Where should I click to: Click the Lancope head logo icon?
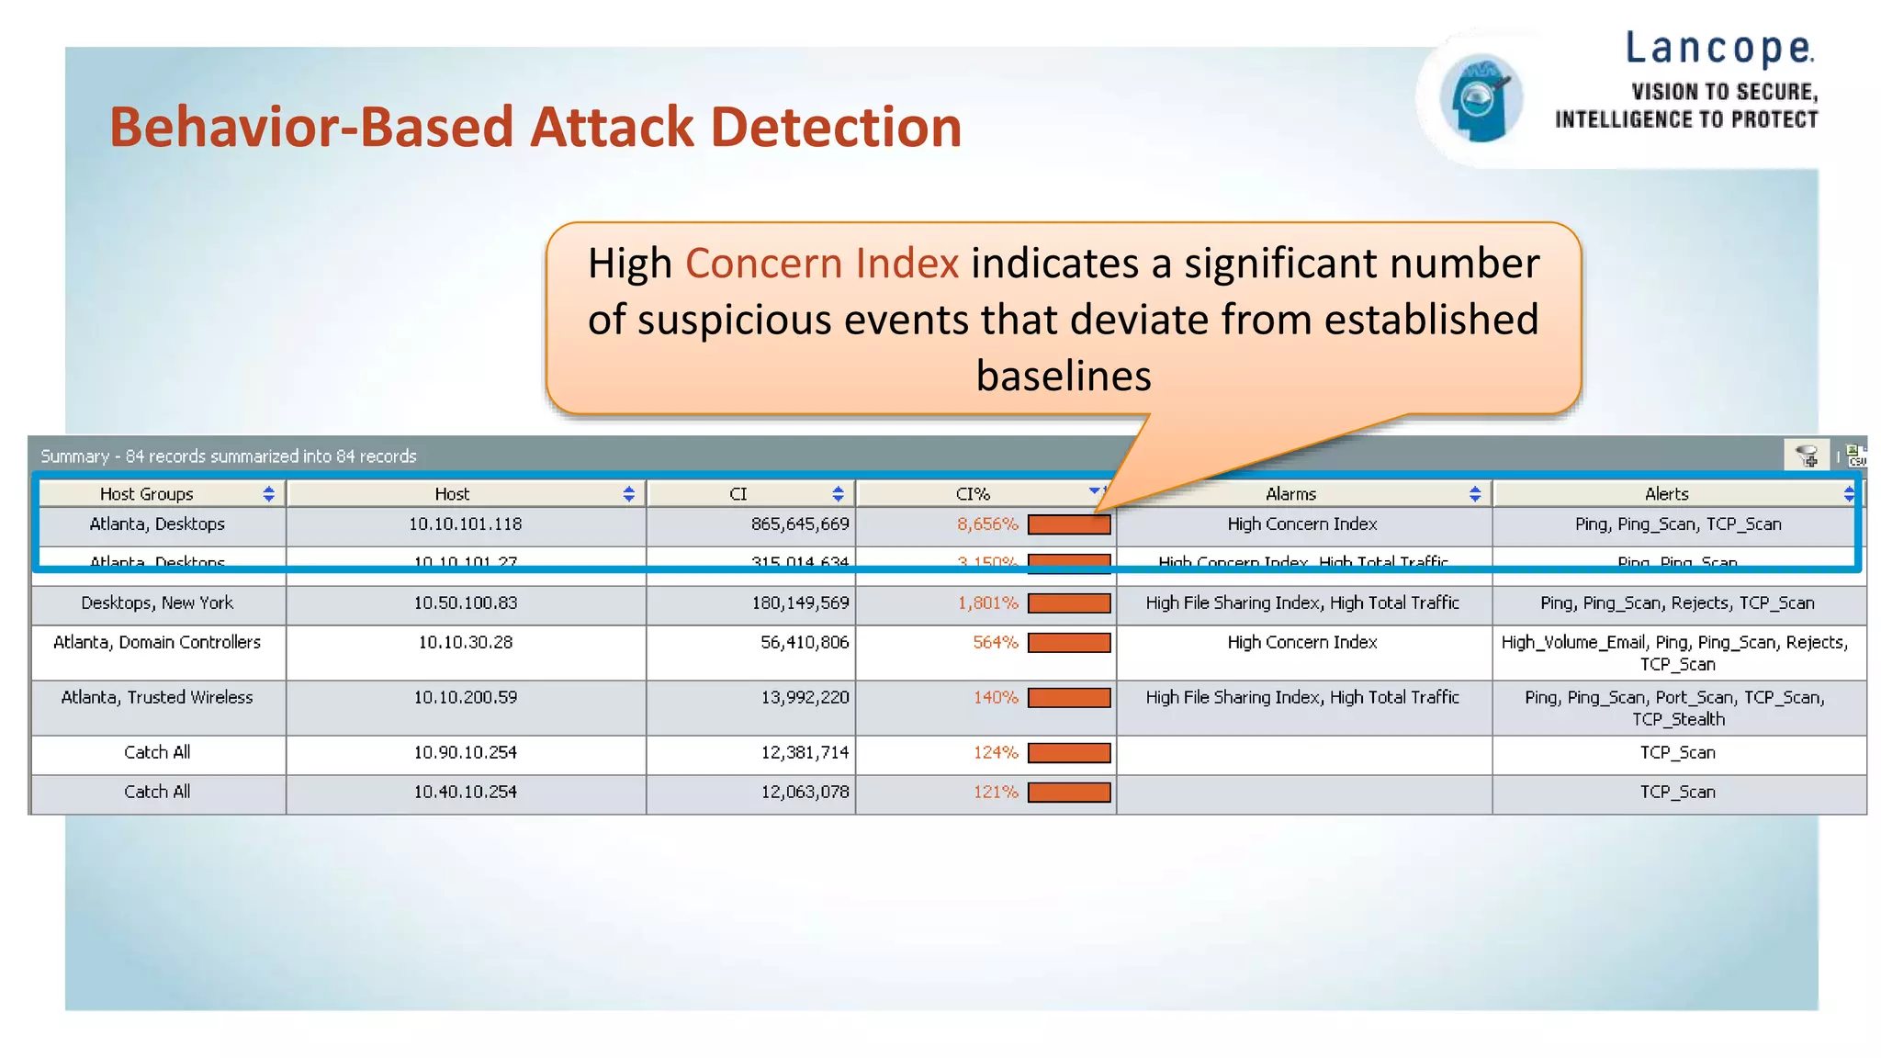pos(1480,98)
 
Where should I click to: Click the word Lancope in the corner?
pos(1719,49)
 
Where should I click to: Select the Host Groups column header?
pos(147,494)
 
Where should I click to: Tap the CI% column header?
pos(973,494)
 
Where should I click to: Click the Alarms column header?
pos(1290,494)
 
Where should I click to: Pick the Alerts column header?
pos(1666,494)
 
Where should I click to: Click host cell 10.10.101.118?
pos(465,524)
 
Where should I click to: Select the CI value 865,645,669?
pos(799,524)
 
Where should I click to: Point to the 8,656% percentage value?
pos(987,524)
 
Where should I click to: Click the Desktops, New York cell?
pos(157,603)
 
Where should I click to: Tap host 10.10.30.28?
pos(465,643)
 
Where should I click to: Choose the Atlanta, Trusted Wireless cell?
pos(157,698)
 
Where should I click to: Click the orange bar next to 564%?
pos(1069,643)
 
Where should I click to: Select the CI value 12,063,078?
pos(805,793)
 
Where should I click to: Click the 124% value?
pos(996,753)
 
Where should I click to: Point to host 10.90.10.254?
pos(465,753)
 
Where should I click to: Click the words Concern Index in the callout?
pos(822,264)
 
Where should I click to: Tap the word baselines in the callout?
pos(1063,377)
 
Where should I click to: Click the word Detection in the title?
pos(835,127)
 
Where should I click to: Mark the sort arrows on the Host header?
pos(628,494)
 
